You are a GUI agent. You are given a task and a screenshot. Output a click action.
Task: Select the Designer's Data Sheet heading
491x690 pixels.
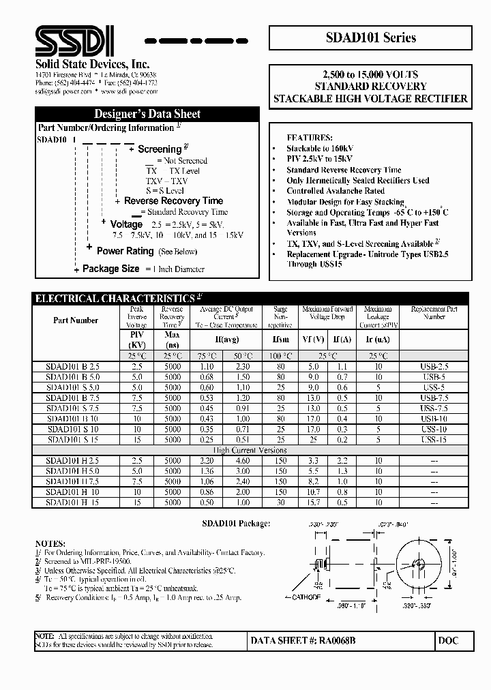point(147,114)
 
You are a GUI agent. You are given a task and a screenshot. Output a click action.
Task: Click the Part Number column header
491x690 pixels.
point(76,320)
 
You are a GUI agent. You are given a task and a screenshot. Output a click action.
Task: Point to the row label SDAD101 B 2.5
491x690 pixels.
point(76,367)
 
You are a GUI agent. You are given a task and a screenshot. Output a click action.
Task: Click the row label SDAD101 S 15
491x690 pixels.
point(76,440)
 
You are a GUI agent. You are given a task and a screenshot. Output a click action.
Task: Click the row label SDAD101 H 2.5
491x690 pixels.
point(76,461)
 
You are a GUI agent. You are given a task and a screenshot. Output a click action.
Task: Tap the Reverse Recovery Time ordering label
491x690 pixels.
point(173,201)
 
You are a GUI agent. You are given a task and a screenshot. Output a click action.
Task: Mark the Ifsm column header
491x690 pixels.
point(281,339)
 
